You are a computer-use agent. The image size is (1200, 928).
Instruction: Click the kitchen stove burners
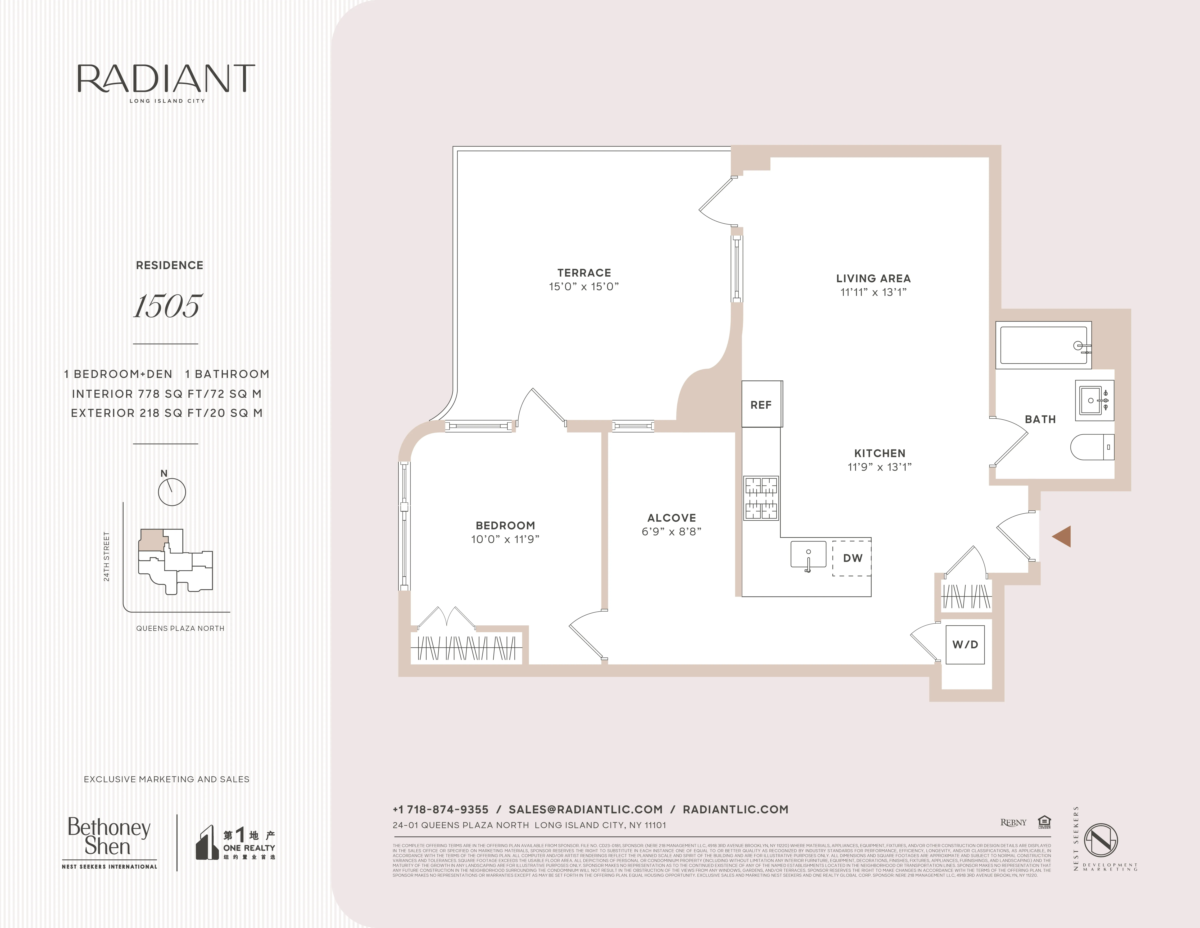click(761, 498)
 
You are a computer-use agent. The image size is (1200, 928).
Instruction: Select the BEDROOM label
click(505, 526)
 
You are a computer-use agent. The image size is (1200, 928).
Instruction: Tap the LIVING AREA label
click(873, 279)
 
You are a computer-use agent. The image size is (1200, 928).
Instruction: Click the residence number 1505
click(168, 306)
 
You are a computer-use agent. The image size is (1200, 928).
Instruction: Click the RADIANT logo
click(167, 80)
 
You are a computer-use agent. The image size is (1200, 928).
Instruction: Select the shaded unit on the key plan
click(152, 539)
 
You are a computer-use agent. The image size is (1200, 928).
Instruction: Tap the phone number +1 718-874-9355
click(441, 809)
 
